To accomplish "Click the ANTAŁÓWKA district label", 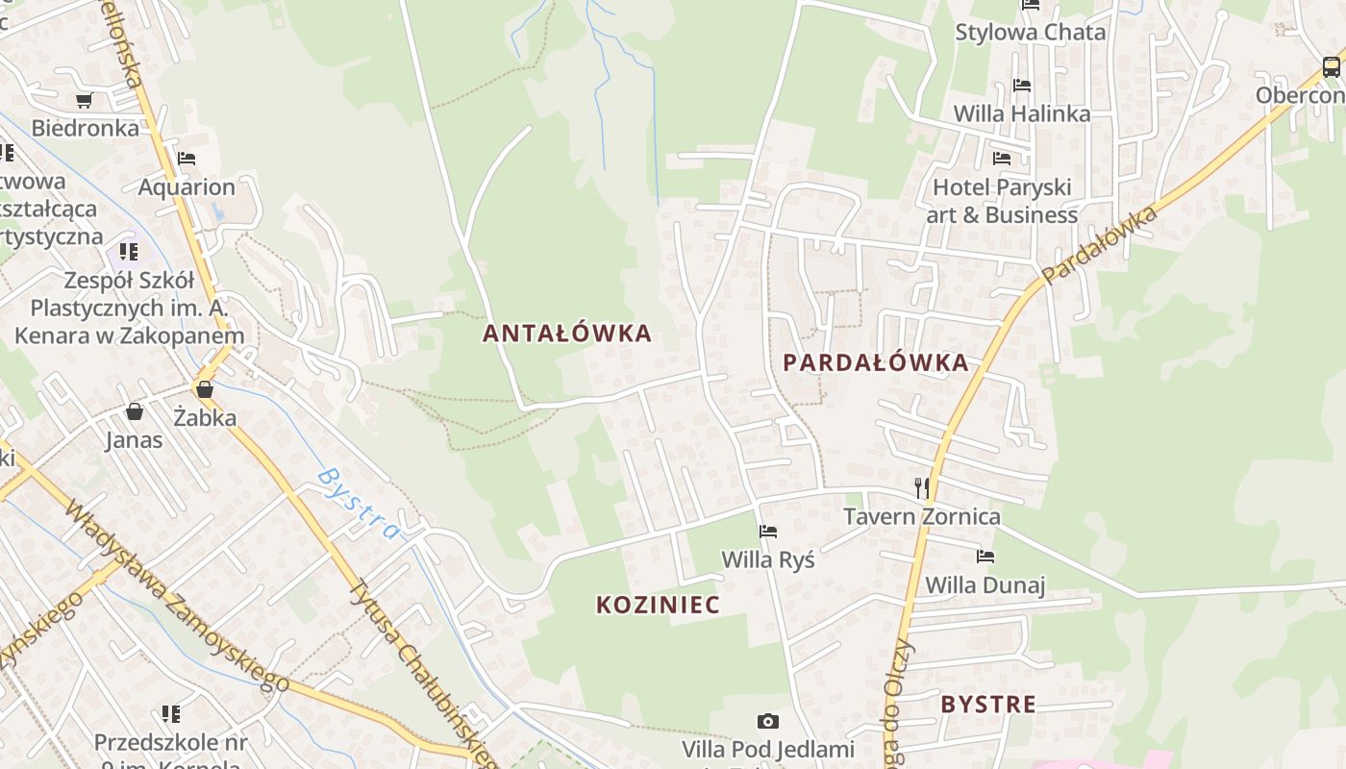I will pyautogui.click(x=567, y=334).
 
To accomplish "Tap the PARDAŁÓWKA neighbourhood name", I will pyautogui.click(x=875, y=362).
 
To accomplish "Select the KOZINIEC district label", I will pyautogui.click(x=658, y=605).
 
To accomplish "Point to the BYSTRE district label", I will pyautogui.click(x=988, y=704).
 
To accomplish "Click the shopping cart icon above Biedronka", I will pyautogui.click(x=85, y=100).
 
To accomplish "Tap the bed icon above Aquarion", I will pyautogui.click(x=187, y=159).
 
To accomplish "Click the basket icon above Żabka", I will pyautogui.click(x=205, y=389).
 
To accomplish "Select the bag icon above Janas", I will pyautogui.click(x=135, y=411).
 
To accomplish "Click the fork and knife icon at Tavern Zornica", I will pyautogui.click(x=922, y=487).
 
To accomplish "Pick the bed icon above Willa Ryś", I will pyautogui.click(x=767, y=531).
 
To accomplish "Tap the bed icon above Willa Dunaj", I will pyautogui.click(x=985, y=556).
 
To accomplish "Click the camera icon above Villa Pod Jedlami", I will pyautogui.click(x=767, y=721).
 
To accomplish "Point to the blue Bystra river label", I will pyautogui.click(x=358, y=504).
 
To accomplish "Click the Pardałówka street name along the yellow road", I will pyautogui.click(x=1099, y=246).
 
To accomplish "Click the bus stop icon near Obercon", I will pyautogui.click(x=1331, y=67).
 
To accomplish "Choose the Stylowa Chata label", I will pyautogui.click(x=1030, y=32).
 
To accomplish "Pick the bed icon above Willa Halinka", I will pyautogui.click(x=1022, y=86).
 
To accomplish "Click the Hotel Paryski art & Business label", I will pyautogui.click(x=1002, y=200).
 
